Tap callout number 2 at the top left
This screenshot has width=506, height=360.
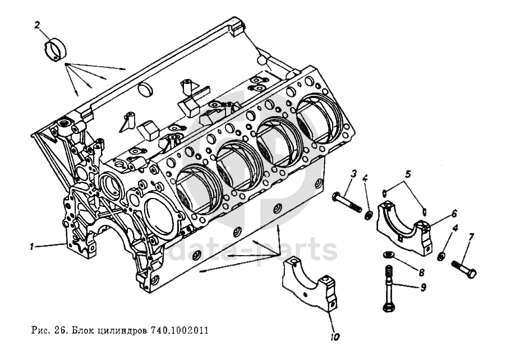37,25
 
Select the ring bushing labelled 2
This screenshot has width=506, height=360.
55,49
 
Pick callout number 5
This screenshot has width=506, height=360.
408,173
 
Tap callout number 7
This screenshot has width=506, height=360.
470,237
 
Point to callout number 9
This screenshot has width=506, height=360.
422,288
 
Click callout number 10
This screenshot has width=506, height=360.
335,337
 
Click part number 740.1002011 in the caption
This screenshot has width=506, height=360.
180,330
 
